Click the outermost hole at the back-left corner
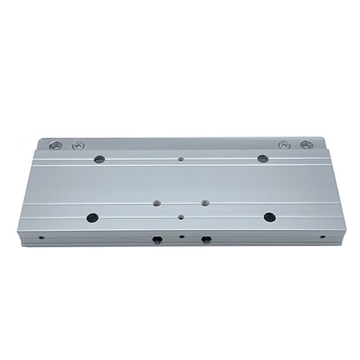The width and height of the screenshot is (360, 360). (x=55, y=145)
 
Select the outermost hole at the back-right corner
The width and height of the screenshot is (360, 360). (x=306, y=145)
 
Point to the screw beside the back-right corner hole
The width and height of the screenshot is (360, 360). (x=284, y=145)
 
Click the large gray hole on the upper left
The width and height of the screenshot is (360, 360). (x=99, y=159)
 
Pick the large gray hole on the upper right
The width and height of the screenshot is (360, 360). (x=263, y=158)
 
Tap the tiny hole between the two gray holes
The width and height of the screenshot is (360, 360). (x=181, y=158)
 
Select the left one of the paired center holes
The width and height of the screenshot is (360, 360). (x=156, y=204)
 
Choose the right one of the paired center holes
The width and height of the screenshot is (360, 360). (x=204, y=203)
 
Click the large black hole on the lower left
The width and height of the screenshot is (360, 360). (x=92, y=217)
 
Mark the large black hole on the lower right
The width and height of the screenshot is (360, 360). (x=269, y=217)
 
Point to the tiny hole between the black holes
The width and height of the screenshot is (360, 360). (x=181, y=216)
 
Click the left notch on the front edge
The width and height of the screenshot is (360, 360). (x=157, y=239)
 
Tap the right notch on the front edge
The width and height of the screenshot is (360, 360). (x=206, y=239)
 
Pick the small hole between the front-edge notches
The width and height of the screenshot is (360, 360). (x=182, y=236)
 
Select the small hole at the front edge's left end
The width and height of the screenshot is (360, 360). (x=41, y=237)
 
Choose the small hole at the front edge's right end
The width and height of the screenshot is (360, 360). (x=322, y=236)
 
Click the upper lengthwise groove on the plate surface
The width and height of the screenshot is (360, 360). (x=180, y=164)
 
